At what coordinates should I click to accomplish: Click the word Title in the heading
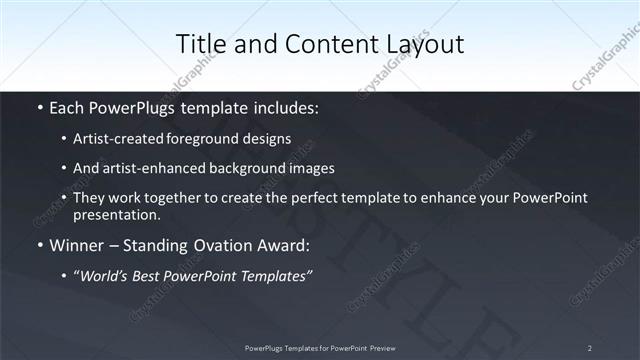tap(200, 44)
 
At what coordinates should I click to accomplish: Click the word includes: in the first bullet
tap(282, 105)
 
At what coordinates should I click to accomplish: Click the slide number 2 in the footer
tap(590, 347)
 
